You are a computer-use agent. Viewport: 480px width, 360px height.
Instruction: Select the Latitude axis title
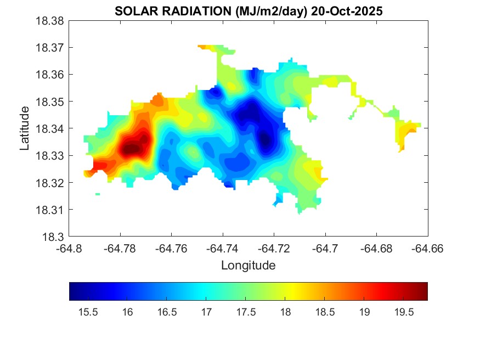(x=25, y=128)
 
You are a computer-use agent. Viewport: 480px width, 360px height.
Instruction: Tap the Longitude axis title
(x=248, y=266)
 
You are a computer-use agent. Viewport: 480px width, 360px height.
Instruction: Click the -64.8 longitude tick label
(x=70, y=249)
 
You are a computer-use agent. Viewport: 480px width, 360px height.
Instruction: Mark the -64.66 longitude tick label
(x=428, y=249)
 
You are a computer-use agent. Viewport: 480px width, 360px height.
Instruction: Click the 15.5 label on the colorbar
(x=88, y=312)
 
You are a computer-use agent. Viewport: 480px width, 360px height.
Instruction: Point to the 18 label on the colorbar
(x=284, y=312)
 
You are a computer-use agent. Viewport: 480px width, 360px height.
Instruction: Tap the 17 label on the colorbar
(x=206, y=312)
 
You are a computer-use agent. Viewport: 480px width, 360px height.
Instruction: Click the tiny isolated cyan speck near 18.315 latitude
(x=98, y=194)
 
